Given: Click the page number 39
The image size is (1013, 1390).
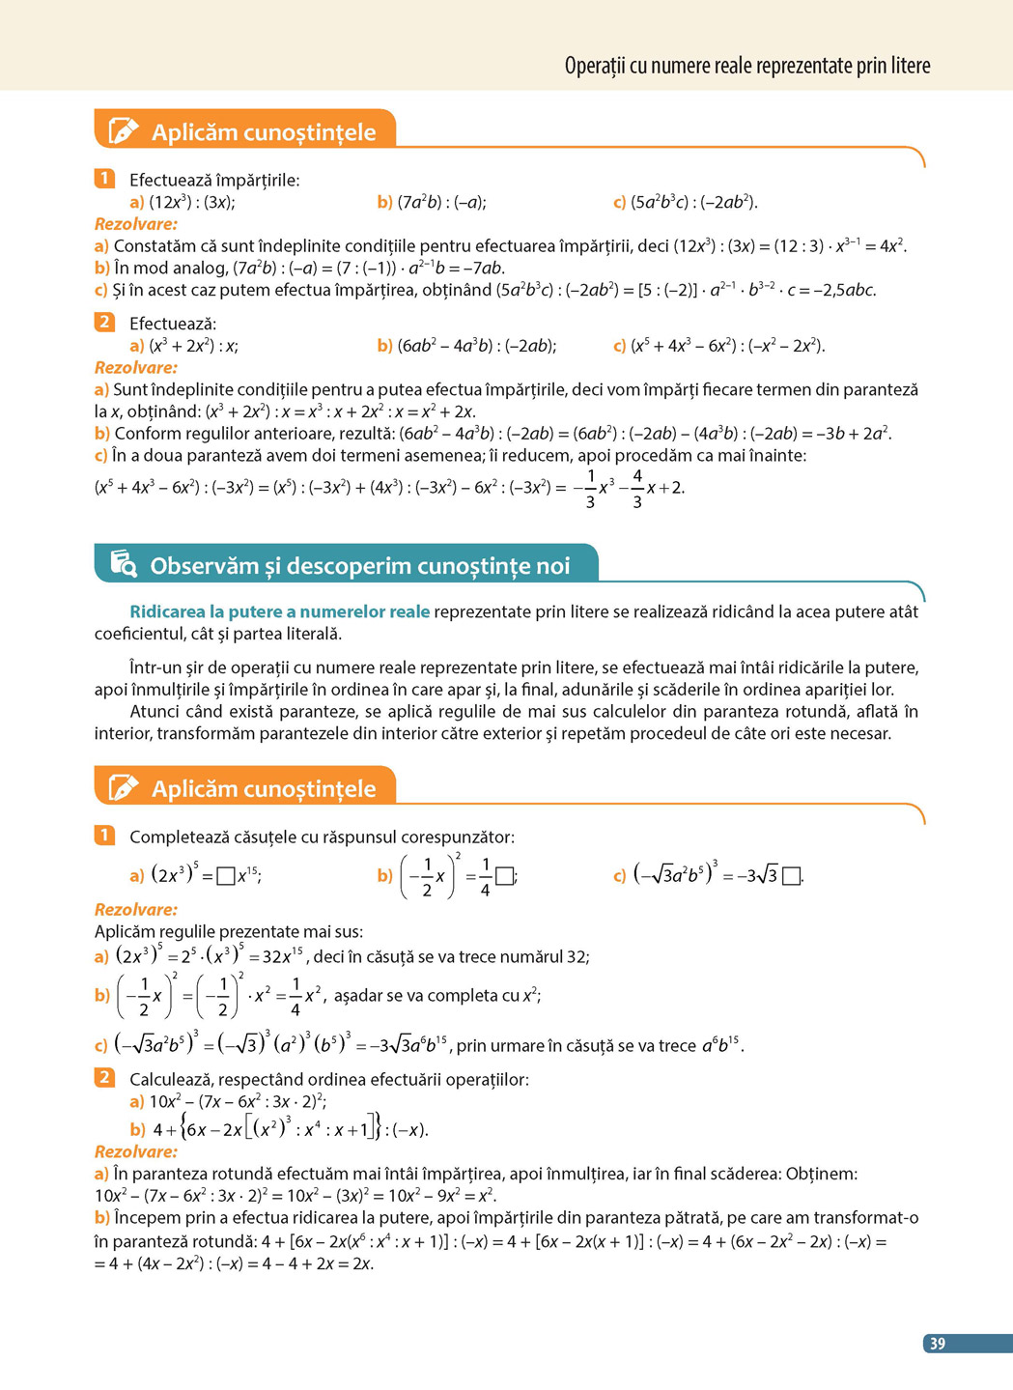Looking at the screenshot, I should coord(937,1344).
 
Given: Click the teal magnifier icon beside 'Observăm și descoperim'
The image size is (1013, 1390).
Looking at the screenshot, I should coord(124,563).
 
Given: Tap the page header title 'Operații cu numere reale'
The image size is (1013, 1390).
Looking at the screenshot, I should coord(746,66).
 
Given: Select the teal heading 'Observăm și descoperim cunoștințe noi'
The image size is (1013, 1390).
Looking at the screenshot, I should coord(359,566).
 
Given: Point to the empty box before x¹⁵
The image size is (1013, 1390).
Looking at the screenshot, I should coord(226,876).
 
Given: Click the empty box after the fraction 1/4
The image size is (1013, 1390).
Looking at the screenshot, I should coord(504,876).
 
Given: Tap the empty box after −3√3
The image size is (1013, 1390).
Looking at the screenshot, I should coord(791,876).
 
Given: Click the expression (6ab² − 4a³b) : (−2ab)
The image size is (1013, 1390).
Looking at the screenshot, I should coord(476,346).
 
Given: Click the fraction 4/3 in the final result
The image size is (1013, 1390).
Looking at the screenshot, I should coord(637,488).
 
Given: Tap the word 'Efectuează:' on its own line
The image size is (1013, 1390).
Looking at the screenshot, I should coord(173,324).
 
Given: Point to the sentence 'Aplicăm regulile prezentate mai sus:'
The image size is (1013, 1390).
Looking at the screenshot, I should coord(229,932).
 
